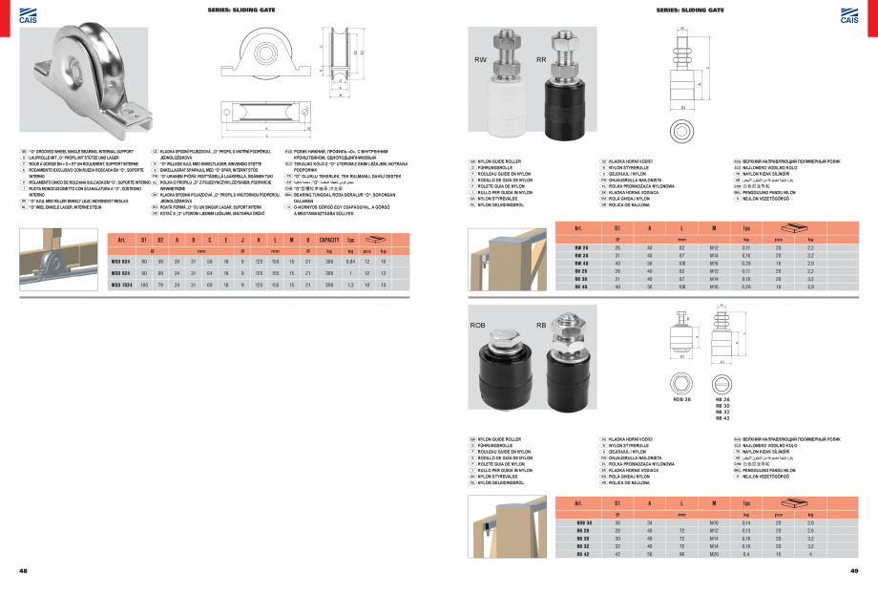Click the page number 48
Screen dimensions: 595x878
coord(23,571)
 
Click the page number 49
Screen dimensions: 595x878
coord(854,571)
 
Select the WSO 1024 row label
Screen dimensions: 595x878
coord(120,284)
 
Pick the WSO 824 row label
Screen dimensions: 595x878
coord(120,261)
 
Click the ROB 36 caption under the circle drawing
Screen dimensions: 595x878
coord(681,399)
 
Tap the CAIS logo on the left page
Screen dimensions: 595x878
coord(28,12)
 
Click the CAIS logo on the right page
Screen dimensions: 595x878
coord(849,12)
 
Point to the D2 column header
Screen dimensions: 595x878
coord(159,240)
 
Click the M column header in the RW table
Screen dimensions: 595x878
coord(713,228)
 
